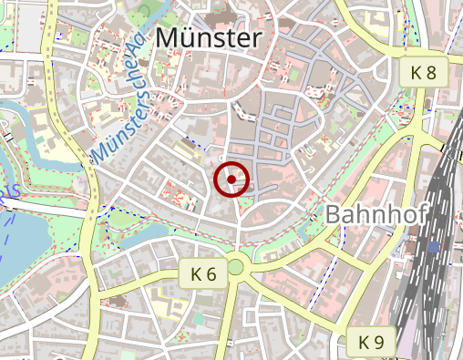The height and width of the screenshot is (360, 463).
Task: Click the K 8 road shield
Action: tap(424, 71)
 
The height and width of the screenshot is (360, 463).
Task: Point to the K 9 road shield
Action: tap(371, 343)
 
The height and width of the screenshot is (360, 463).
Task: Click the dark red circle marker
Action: tap(231, 180)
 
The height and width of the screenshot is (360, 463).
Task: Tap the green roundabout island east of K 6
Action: tap(237, 267)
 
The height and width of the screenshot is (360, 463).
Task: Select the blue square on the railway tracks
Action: tap(433, 246)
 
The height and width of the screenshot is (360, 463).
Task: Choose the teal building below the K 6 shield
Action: tap(198, 318)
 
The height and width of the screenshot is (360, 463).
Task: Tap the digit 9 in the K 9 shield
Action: tap(379, 343)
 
